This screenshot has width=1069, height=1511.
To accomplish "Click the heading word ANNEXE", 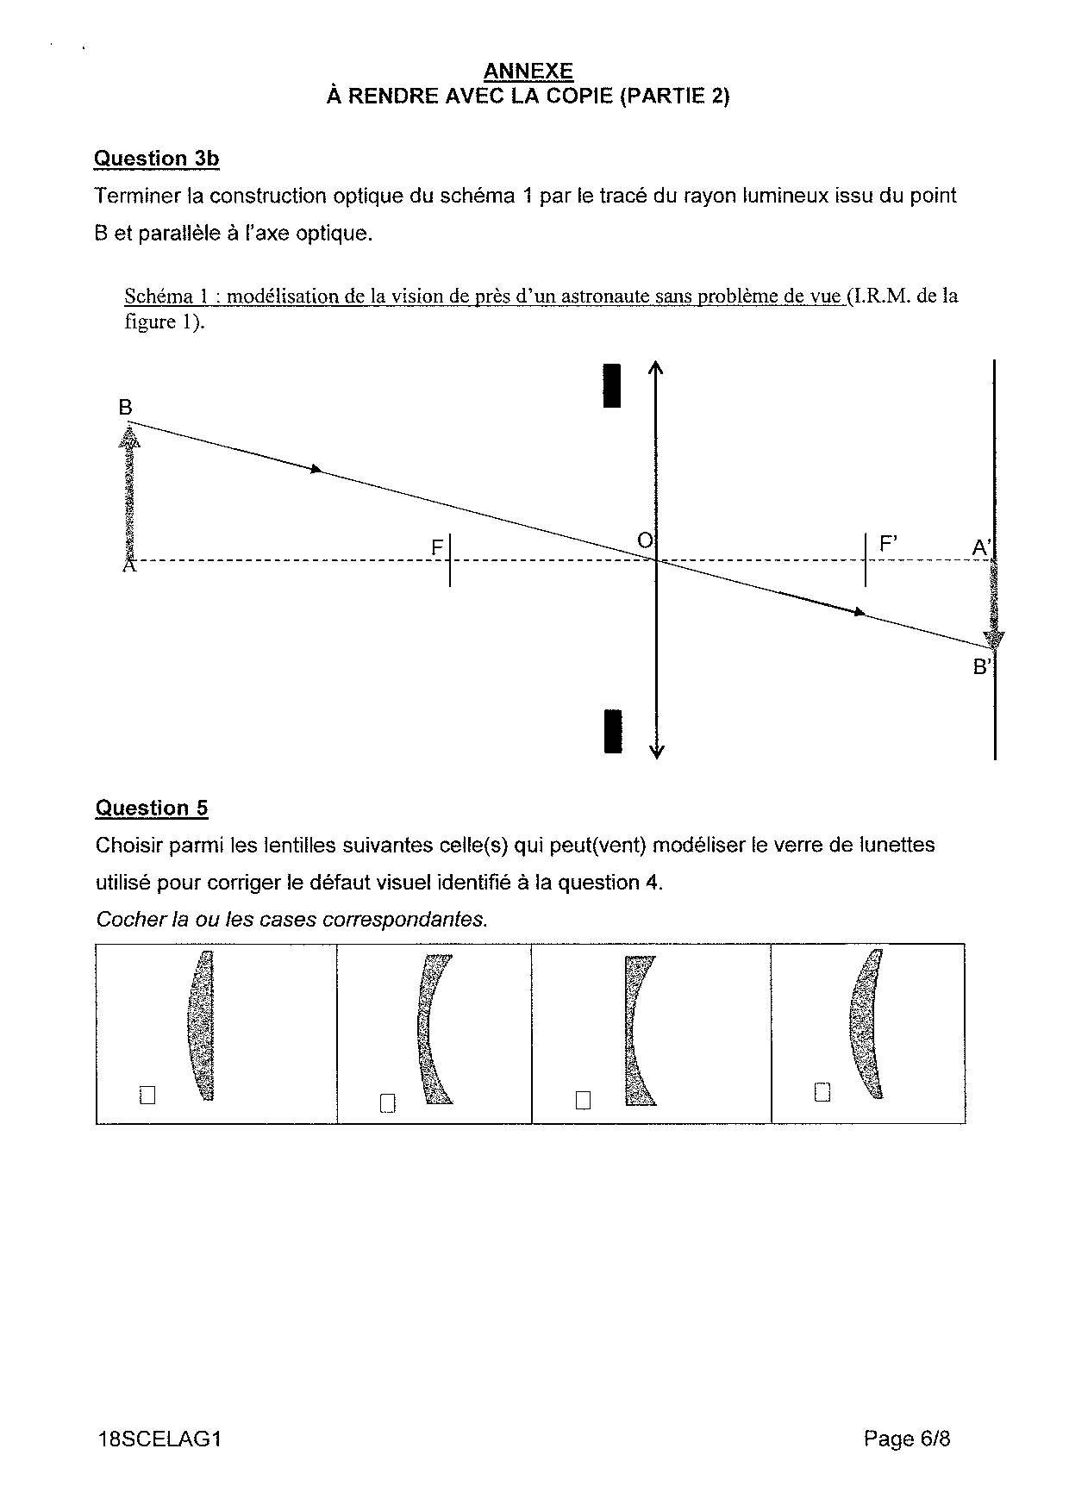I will click(x=528, y=71).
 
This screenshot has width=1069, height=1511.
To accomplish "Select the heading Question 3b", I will click(x=156, y=159).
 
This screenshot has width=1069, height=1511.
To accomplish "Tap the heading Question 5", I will click(x=152, y=808).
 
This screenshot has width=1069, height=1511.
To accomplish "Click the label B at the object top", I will click(x=126, y=407).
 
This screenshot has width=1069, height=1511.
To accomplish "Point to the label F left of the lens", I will click(x=437, y=547).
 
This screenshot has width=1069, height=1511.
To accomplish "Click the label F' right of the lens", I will click(x=888, y=545).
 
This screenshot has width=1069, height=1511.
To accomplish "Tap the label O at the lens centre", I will click(x=644, y=540).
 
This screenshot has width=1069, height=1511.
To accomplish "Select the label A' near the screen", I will click(x=982, y=547).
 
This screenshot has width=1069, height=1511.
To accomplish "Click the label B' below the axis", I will click(x=982, y=666).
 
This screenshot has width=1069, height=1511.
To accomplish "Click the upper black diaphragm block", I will click(x=612, y=385).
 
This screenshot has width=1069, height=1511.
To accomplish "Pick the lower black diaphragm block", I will click(x=613, y=731).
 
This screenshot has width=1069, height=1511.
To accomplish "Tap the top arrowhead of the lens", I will click(x=656, y=367).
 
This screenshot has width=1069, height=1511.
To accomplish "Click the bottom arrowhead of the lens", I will click(x=656, y=752).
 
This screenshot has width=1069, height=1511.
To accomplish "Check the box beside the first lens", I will click(x=147, y=1095).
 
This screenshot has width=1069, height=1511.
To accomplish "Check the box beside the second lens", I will click(x=387, y=1102).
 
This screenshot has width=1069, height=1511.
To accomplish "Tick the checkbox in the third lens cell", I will click(x=584, y=1100).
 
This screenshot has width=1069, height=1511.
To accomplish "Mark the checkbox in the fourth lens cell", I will click(x=822, y=1092).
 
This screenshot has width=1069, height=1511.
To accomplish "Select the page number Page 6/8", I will click(x=907, y=1439).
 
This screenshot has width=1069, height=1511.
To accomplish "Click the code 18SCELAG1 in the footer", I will click(x=159, y=1439).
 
